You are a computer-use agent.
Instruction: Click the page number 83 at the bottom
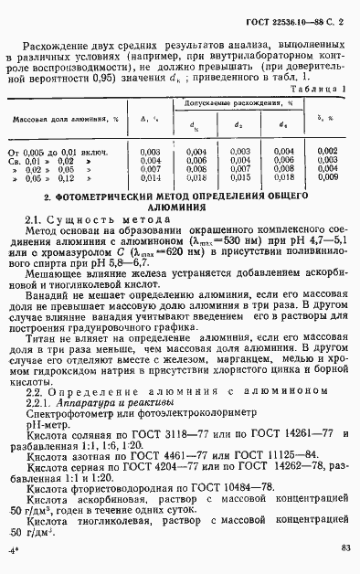point(344,548)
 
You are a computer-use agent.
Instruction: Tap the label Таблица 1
point(317,88)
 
